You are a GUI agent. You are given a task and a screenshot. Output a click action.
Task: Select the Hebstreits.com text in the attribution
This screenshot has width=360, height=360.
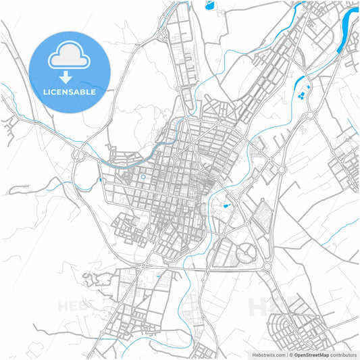pyautogui.click(x=269, y=354)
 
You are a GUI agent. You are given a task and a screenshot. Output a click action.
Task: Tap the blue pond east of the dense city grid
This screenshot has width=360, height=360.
pyautogui.click(x=226, y=205)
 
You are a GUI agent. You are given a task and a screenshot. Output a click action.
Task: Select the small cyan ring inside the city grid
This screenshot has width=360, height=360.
pyautogui.click(x=143, y=177)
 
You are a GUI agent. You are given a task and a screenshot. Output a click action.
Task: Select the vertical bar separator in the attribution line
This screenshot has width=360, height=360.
pyautogui.click(x=286, y=354)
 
